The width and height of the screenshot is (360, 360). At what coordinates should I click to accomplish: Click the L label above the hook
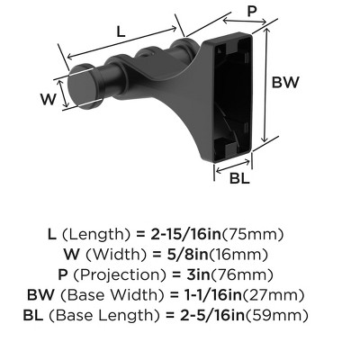[121, 31]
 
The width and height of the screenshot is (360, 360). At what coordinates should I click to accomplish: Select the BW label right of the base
[285, 82]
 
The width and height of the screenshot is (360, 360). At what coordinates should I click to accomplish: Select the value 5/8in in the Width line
[196, 255]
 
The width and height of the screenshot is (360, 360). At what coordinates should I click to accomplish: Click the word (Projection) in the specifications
[140, 274]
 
